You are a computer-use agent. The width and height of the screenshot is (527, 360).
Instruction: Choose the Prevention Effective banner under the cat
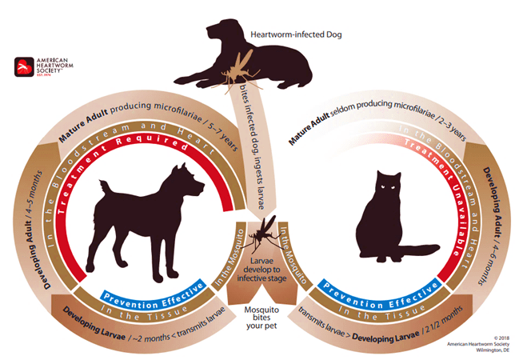(x=367, y=283)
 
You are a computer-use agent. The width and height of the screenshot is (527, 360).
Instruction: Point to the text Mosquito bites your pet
(x=263, y=314)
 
